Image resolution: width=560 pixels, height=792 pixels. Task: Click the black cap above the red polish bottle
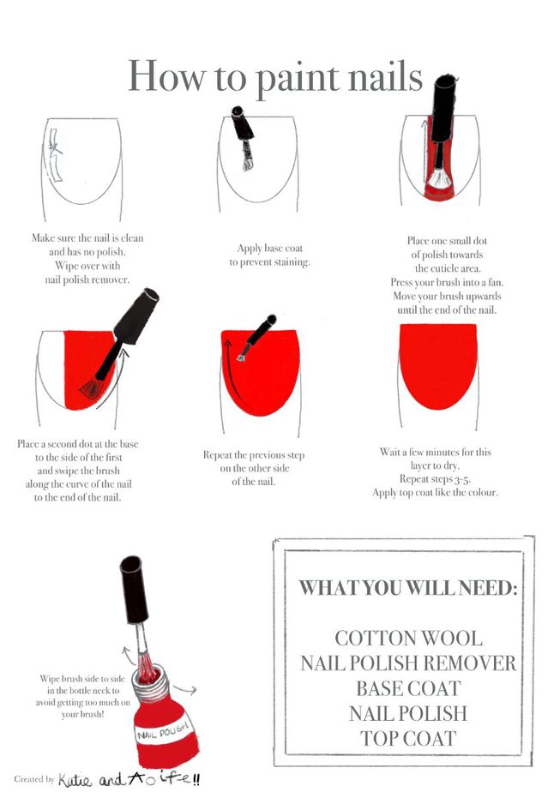click(x=134, y=590)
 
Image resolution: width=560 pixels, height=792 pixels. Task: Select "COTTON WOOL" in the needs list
click(x=408, y=638)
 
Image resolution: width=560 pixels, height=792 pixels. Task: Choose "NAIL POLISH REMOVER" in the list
click(x=408, y=663)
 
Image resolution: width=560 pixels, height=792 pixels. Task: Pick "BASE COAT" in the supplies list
click(x=408, y=688)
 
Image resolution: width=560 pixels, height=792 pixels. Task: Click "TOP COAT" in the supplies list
click(x=408, y=739)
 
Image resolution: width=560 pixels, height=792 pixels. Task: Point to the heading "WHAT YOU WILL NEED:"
click(x=408, y=588)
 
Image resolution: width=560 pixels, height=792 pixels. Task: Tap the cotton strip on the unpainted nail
click(x=55, y=154)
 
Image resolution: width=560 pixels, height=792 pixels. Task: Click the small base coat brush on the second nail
click(x=243, y=137)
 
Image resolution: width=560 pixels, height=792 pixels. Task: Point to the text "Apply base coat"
click(x=270, y=248)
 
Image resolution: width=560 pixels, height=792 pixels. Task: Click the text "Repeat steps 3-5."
click(x=435, y=479)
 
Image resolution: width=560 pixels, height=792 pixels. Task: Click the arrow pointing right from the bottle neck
click(x=184, y=689)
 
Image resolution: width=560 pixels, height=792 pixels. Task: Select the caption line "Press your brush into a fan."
click(x=447, y=282)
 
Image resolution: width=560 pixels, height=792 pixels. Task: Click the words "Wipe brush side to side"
click(x=82, y=678)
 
